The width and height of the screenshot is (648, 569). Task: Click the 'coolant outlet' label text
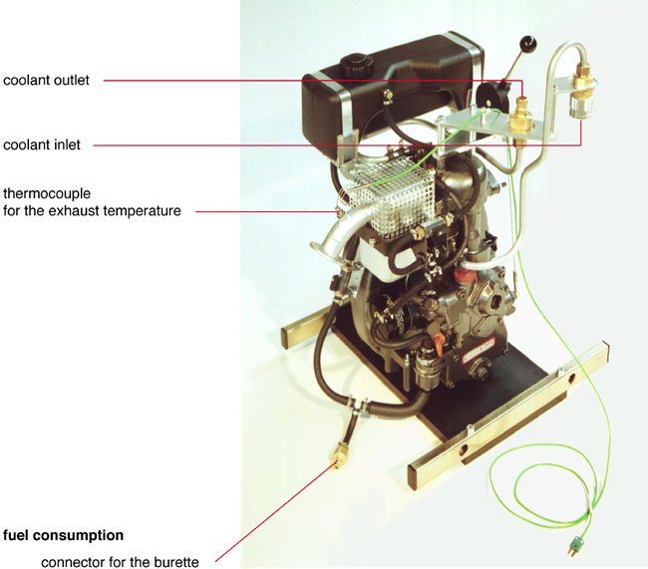pyautogui.click(x=46, y=80)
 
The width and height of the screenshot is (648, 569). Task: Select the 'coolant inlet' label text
pyautogui.click(x=42, y=145)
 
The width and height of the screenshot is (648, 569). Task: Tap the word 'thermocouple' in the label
pyautogui.click(x=47, y=193)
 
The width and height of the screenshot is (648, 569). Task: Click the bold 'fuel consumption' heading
pyautogui.click(x=63, y=535)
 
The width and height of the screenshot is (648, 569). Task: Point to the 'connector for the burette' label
pyautogui.click(x=120, y=562)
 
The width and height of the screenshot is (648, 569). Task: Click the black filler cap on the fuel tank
pyautogui.click(x=356, y=65)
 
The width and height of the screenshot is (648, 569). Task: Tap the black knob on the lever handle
pyautogui.click(x=527, y=43)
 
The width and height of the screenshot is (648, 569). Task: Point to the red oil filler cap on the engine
pyautogui.click(x=461, y=275)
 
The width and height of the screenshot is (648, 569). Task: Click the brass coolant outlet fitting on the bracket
pyautogui.click(x=520, y=118)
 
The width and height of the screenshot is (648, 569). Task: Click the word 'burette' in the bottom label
pyautogui.click(x=176, y=562)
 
